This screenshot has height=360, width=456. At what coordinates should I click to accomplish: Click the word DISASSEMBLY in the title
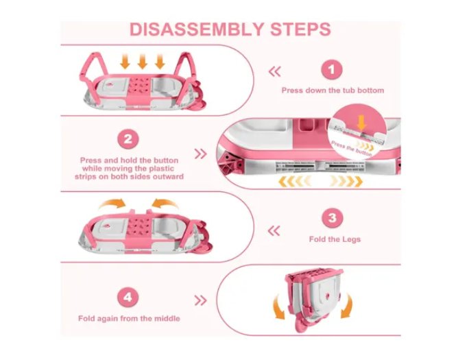pos(196,29)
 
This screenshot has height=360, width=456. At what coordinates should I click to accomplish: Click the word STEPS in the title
pos(300,29)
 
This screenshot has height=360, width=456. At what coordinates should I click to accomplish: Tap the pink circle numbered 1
pos(331,70)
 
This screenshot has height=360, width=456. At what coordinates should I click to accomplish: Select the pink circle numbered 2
pos(128,139)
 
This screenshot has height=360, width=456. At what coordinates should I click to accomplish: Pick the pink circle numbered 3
pos(333,218)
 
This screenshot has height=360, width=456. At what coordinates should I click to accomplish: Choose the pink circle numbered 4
pos(128,297)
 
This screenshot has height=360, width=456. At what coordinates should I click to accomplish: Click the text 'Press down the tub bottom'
pos(333,91)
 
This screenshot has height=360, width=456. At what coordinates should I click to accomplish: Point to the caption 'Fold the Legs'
pos(335,239)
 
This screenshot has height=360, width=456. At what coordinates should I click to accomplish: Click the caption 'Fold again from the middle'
pos(129,318)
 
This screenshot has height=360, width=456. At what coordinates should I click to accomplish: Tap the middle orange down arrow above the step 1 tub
pos(142,61)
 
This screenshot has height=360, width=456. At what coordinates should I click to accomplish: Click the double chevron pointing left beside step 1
pos(275,71)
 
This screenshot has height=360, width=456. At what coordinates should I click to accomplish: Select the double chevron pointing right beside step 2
pos(201,154)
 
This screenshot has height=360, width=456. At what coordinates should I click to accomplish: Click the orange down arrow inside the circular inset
pos(361,123)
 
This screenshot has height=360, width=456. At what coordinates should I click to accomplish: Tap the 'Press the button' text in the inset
pos(352,148)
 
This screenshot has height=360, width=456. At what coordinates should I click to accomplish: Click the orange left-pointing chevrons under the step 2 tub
pos(295,181)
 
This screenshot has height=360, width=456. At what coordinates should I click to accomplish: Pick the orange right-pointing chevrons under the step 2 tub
pos(347,181)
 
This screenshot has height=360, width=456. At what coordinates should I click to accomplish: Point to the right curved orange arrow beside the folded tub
pos(347,306)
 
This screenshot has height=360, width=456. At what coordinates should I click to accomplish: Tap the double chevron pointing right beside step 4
pos(201,300)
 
